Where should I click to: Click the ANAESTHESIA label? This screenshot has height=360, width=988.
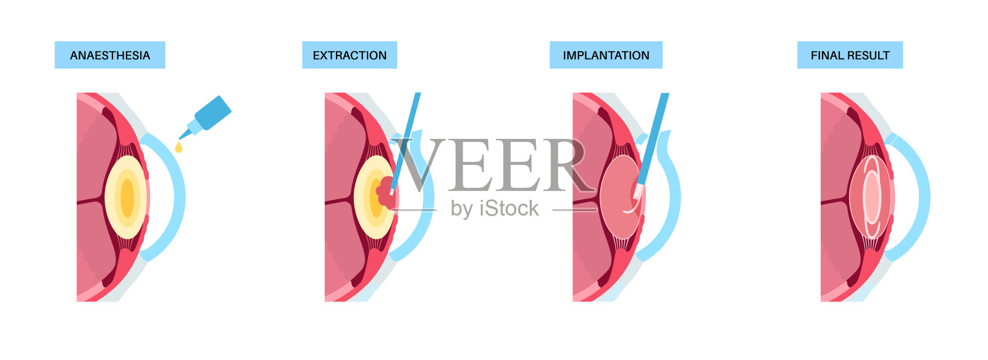coord(110,55)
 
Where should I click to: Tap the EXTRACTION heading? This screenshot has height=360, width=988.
coord(350,55)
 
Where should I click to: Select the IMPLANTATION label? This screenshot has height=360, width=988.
coord(606,55)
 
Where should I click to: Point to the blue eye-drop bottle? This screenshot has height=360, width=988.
coord(210,115)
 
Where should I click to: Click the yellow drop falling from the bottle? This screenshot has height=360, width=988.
coord(178,147)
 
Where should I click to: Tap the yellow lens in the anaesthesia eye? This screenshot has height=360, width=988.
coord(127,197)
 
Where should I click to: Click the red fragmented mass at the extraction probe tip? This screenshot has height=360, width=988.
coord(387,191)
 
